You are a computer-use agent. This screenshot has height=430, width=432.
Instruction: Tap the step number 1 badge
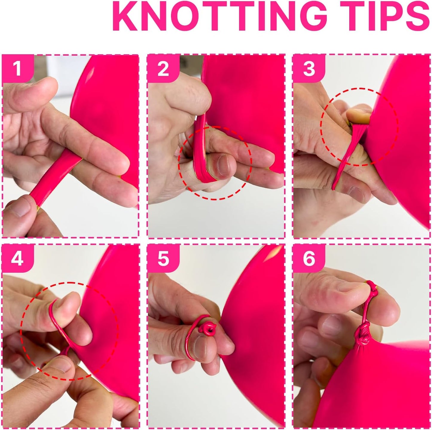(x=17, y=69)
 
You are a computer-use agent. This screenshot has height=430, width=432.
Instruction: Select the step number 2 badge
(x=163, y=69)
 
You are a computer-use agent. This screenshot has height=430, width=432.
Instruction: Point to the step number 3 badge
(x=309, y=69)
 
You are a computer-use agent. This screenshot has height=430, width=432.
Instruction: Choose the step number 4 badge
(x=17, y=259)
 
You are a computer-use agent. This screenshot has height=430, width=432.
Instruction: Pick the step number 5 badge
(x=163, y=259)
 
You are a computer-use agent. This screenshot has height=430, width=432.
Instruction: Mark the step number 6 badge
(x=309, y=259)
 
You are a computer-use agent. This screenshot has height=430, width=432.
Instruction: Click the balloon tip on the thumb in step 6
(x=372, y=288)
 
